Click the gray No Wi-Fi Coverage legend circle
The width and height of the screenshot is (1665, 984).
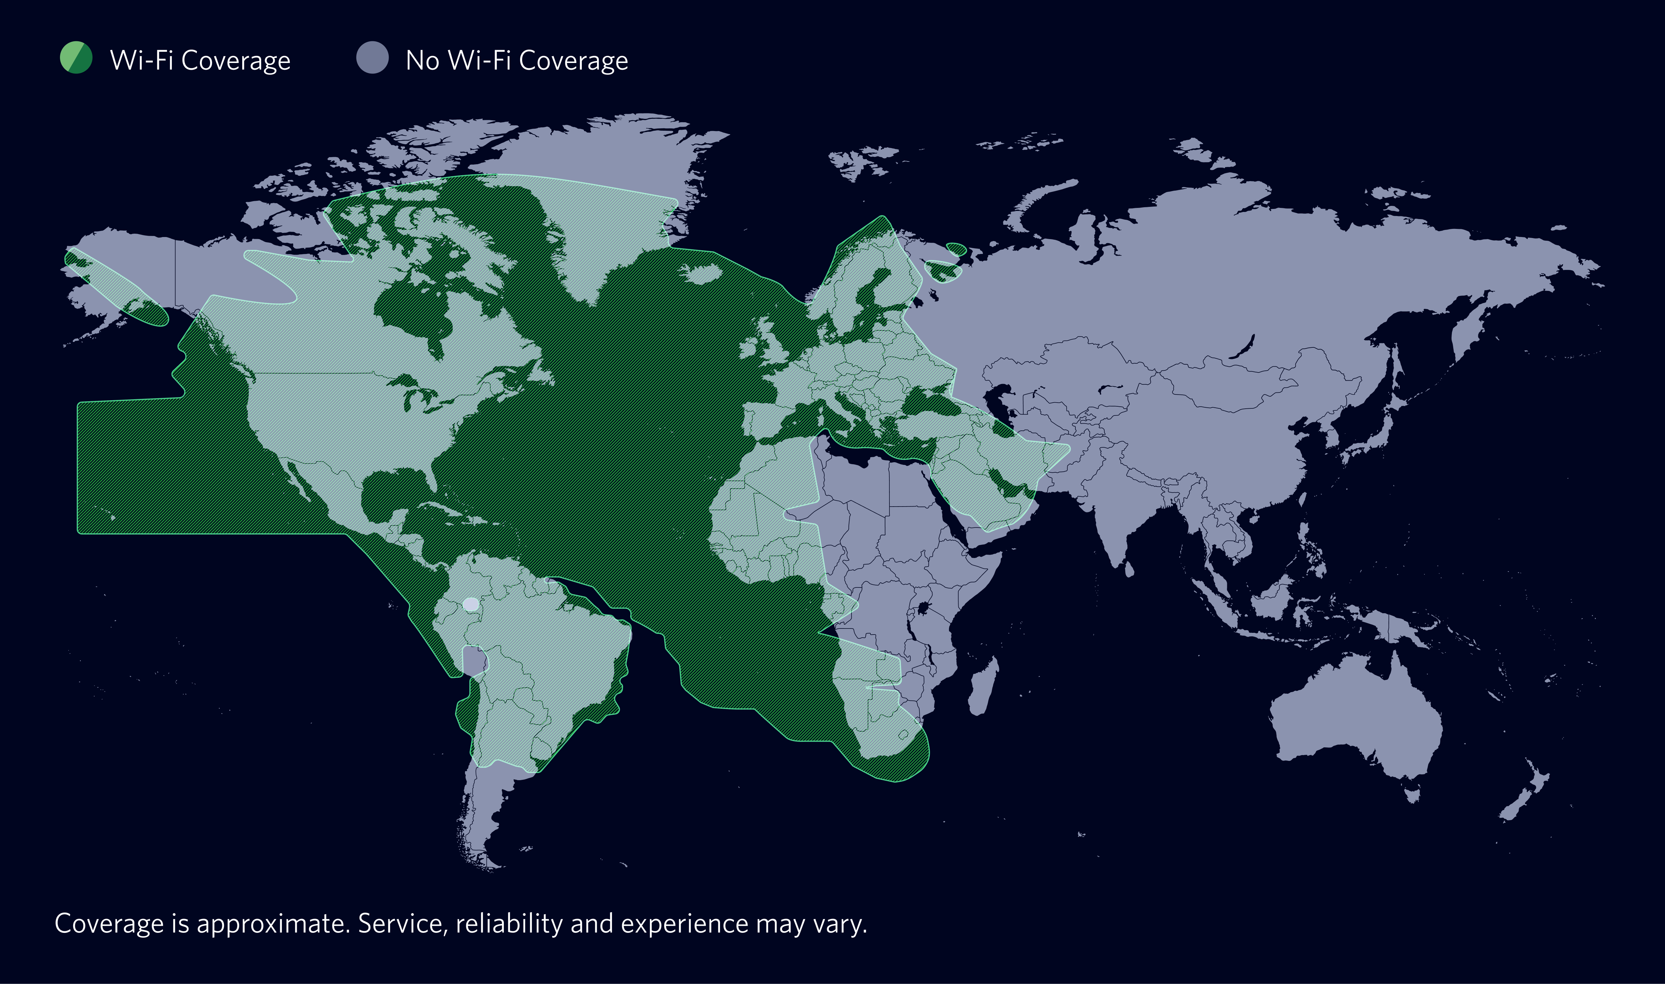(372, 58)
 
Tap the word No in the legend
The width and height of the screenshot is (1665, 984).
(423, 60)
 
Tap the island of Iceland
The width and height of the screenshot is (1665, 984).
(702, 273)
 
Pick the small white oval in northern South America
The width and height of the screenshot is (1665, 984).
(470, 604)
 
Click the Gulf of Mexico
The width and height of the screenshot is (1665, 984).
(391, 491)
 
